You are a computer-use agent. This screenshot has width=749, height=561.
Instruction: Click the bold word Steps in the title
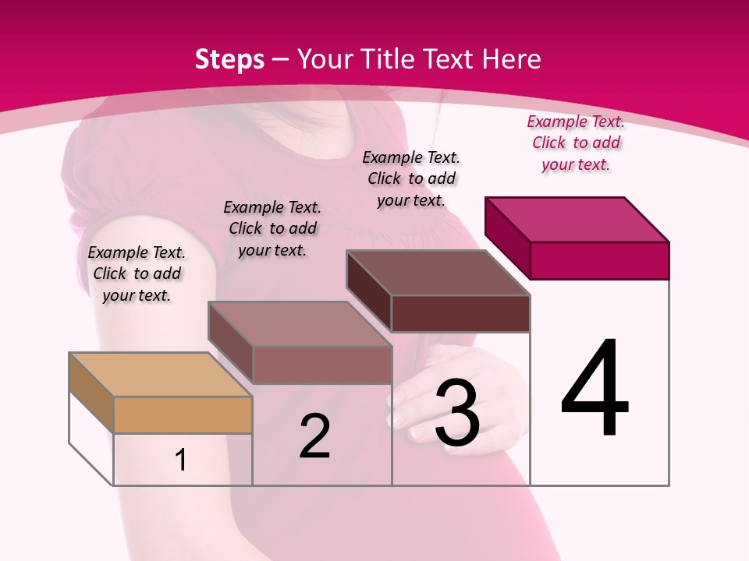229,59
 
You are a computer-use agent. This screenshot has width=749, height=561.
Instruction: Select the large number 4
595,390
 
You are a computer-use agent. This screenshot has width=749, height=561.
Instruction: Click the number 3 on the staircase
457,414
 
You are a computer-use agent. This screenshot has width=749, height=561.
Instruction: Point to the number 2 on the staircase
314,437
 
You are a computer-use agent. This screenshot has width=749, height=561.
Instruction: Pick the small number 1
181,460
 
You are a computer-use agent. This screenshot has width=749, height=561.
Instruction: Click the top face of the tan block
160,375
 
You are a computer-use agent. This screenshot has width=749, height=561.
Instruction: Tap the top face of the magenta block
577,219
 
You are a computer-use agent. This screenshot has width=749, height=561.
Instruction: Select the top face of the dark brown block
438,273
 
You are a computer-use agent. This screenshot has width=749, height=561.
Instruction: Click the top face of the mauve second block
300,324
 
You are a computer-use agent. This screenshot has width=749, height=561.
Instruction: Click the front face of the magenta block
599,260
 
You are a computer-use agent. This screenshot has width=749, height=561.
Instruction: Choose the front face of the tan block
183,415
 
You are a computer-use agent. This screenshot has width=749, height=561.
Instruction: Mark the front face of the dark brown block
460,313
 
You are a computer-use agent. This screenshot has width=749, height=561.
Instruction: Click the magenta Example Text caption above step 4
576,143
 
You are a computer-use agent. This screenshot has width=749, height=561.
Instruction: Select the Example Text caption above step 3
411,178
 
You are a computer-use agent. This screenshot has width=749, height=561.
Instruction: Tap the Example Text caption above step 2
272,228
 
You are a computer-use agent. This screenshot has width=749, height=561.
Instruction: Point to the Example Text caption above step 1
137,273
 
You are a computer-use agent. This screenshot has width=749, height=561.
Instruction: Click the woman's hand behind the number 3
414,397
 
